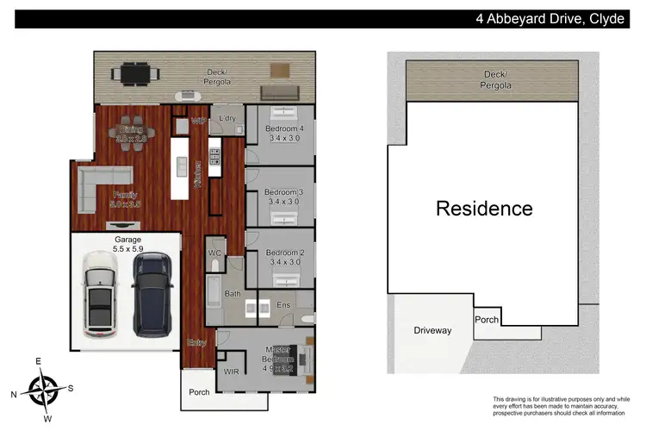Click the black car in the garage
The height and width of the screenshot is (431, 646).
152,296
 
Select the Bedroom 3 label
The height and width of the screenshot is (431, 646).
283,196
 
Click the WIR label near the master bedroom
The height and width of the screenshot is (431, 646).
231,371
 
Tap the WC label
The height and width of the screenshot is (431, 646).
215,253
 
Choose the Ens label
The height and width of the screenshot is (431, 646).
283,304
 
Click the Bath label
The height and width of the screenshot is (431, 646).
233,294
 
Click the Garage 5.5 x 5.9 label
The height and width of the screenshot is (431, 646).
127,244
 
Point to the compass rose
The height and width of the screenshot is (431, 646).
42,389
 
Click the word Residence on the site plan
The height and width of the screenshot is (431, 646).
483,208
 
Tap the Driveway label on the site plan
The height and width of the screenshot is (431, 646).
432,330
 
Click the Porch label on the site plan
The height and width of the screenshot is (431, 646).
487,319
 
